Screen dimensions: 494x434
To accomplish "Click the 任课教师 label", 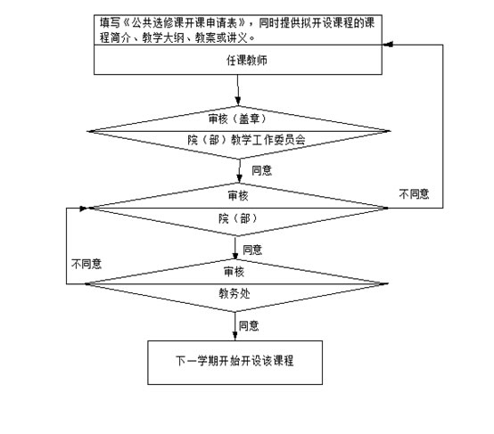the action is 246,60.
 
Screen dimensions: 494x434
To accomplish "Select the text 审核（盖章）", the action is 237,119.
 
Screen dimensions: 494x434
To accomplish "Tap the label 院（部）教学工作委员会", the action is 246,140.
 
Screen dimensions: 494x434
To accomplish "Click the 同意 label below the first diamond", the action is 261,170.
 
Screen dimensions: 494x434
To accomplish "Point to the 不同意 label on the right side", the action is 414,193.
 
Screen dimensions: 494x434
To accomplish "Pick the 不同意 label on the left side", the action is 86,264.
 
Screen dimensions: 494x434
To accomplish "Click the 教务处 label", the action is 235,293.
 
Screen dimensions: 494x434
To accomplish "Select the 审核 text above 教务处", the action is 234,271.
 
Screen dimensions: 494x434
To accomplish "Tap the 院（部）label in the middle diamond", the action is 238,218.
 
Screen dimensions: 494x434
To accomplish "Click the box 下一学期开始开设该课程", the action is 235,363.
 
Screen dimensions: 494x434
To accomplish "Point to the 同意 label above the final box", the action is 249,325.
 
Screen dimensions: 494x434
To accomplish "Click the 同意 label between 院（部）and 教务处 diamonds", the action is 252,250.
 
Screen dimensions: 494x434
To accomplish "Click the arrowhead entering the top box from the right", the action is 388,45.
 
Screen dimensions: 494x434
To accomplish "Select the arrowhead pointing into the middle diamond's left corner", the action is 84,209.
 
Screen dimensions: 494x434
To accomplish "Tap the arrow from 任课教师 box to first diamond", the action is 238,90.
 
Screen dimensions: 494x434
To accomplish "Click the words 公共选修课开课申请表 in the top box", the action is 184,22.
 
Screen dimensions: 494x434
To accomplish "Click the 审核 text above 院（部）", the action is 238,195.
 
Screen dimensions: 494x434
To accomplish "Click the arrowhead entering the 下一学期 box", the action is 235,336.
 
